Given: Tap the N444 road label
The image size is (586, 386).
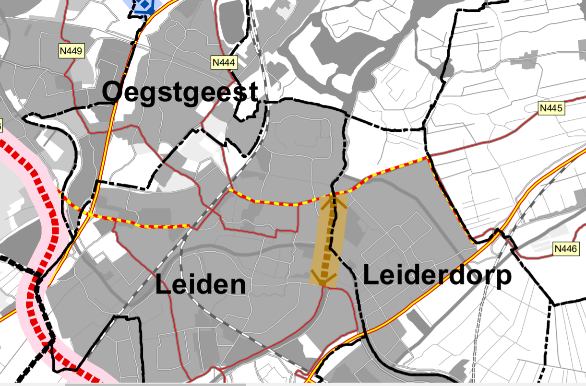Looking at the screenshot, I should (225, 62).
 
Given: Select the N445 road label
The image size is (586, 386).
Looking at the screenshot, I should (550, 108).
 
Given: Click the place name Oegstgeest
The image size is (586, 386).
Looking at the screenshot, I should (180, 92).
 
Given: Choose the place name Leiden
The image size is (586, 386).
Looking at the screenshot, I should (201, 285).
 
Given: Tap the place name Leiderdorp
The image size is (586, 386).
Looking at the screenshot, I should (437, 277).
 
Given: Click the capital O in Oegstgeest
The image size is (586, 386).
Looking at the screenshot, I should (112, 93).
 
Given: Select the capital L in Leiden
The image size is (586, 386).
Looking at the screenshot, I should (163, 285).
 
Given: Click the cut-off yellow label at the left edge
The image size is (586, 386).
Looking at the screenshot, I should (1, 126).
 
